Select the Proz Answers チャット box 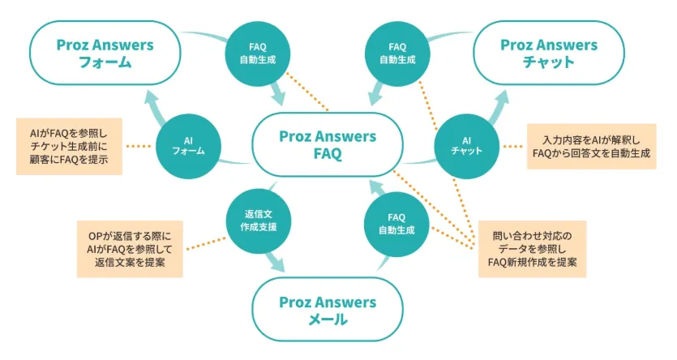(548, 53)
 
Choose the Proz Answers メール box (327, 311)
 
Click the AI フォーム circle (187, 144)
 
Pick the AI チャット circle (465, 144)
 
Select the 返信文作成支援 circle (254, 220)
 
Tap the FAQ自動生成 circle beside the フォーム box (255, 53)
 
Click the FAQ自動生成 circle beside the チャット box (397, 53)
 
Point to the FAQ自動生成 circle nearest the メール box (396, 223)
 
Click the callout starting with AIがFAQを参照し (69, 147)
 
